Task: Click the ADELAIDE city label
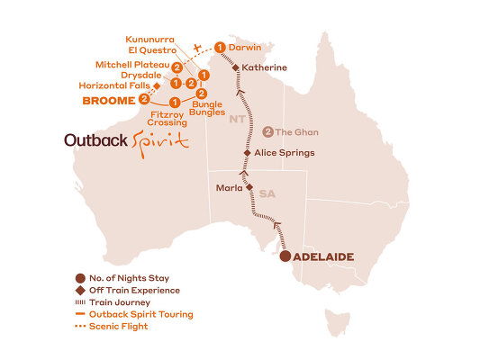coord(322,257)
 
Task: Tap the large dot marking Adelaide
coord(285,257)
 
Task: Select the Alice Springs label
coord(285,153)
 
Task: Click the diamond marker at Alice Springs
coord(247,153)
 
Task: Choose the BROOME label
coord(107,101)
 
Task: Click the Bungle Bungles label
coord(205,111)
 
